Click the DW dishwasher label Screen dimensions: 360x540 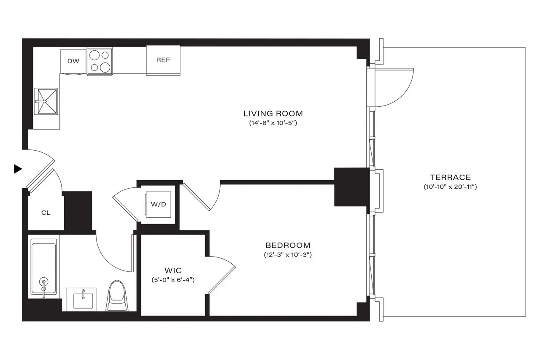(73, 61)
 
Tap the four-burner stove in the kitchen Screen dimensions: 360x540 (100, 62)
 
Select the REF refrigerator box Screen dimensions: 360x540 (163, 60)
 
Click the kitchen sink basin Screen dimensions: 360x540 (46, 101)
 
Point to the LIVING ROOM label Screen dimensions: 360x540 (273, 114)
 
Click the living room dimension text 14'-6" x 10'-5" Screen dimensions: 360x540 (273, 123)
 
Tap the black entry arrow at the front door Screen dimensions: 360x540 (18, 169)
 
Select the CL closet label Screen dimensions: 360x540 (46, 213)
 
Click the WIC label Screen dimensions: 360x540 (173, 270)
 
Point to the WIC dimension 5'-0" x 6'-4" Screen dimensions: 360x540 (173, 280)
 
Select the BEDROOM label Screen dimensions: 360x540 (288, 245)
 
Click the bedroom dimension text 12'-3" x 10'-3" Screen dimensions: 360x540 (288, 255)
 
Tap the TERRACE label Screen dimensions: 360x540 (450, 178)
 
